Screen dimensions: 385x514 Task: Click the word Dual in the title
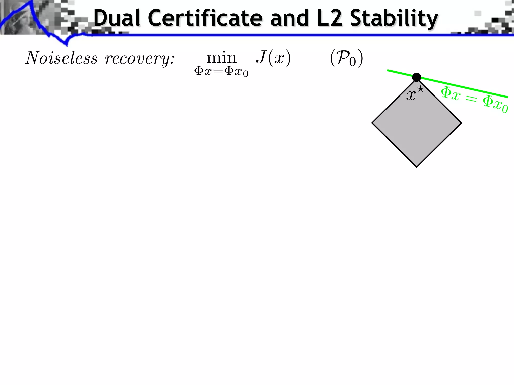(x=117, y=18)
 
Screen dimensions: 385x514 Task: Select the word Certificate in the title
(x=205, y=18)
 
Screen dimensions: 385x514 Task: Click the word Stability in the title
(x=394, y=19)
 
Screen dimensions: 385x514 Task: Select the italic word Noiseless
(x=62, y=58)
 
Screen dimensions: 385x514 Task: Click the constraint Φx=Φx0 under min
(x=221, y=72)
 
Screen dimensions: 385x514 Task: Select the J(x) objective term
(x=273, y=58)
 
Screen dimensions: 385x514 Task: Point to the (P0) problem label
(x=346, y=58)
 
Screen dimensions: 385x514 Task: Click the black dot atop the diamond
(x=417, y=77)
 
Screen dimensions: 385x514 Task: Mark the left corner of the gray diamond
(x=372, y=123)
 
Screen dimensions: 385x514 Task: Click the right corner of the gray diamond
(x=461, y=123)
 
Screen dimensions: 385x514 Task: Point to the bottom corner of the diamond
(x=417, y=167)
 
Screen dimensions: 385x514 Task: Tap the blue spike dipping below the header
(x=67, y=44)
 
